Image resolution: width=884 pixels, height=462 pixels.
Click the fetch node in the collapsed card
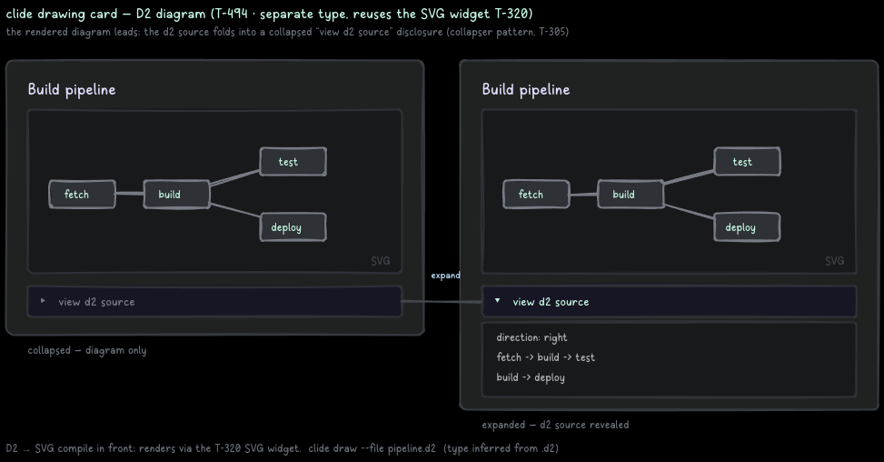83,195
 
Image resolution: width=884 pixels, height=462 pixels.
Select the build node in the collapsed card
176,195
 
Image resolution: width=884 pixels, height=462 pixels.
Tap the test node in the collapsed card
293,162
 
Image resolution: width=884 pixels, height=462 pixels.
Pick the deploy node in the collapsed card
293,227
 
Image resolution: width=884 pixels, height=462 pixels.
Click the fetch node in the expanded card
536,195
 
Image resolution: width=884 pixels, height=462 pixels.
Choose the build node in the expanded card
631,195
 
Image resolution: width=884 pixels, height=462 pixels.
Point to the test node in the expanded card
748,162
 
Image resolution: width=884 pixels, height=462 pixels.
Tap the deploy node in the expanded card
747,227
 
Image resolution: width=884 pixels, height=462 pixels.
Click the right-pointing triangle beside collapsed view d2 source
43,301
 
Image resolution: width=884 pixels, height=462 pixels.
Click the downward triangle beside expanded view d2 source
497,301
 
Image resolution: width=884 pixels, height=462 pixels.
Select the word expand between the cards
445,276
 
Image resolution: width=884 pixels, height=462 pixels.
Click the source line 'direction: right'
531,338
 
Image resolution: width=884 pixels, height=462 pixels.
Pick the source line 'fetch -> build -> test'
545,357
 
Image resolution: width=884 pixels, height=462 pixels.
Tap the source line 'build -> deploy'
531,378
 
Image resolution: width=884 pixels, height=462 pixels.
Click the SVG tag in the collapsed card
381,261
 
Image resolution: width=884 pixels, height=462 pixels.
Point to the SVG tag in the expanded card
835,261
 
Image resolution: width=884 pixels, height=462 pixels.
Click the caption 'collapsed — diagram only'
87,350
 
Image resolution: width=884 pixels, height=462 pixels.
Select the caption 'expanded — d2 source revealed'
555,425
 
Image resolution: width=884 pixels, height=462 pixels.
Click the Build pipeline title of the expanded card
526,90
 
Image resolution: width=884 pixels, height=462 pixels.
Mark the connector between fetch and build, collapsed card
130,194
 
